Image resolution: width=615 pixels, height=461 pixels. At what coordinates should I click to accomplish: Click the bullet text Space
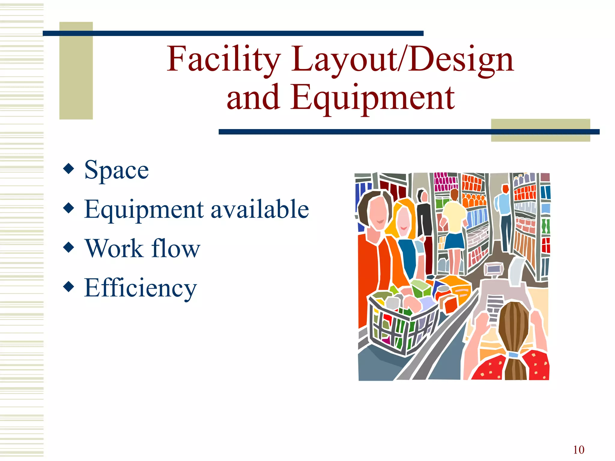click(117, 170)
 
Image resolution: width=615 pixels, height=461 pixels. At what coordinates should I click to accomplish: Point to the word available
click(260, 209)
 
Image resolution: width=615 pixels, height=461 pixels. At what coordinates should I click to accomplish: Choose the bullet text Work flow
click(143, 249)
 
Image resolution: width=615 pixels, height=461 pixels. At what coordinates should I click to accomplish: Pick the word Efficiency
click(141, 288)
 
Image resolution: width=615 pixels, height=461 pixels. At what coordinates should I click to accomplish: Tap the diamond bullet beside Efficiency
click(69, 286)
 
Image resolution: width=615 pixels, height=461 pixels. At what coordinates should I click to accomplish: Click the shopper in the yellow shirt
click(454, 222)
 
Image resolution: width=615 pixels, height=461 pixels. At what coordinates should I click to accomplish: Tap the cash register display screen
click(493, 269)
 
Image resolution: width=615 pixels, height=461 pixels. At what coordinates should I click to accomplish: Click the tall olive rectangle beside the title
click(76, 71)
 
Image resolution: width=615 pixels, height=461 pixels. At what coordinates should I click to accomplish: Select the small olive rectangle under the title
click(541, 130)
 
